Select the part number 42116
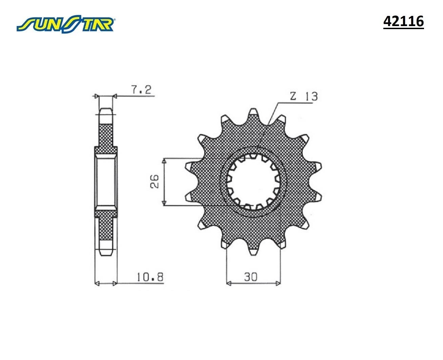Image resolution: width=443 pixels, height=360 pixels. tap(403, 21)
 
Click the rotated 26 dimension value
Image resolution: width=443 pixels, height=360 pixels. tap(154, 182)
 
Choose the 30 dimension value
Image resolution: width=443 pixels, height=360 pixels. tap(250, 277)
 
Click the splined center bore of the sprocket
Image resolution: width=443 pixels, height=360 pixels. tap(254, 182)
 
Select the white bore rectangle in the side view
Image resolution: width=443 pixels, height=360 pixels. tap(105, 182)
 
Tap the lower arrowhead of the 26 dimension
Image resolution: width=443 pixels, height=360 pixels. tap(164, 203)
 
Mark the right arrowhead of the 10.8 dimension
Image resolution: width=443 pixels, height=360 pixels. tap(115, 283)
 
